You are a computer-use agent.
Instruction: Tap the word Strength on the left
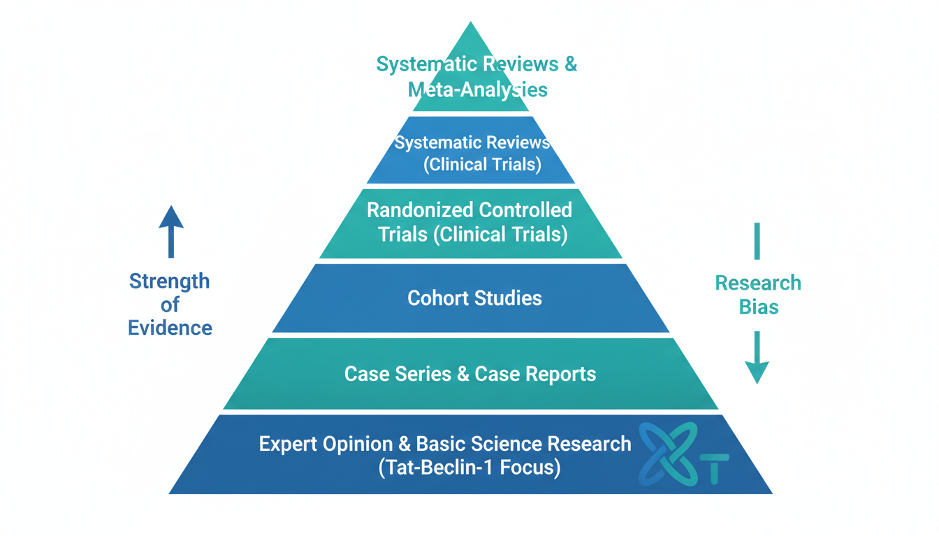pyautogui.click(x=169, y=281)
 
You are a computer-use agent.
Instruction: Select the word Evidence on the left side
pyautogui.click(x=170, y=327)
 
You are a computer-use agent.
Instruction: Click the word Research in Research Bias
pyautogui.click(x=758, y=283)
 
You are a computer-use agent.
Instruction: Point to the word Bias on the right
pyautogui.click(x=758, y=306)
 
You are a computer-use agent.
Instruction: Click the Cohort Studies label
pyautogui.click(x=474, y=298)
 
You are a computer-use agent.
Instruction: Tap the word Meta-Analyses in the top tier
pyautogui.click(x=477, y=89)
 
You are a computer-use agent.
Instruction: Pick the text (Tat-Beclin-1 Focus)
pyautogui.click(x=469, y=468)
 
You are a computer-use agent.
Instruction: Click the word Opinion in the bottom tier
pyautogui.click(x=364, y=444)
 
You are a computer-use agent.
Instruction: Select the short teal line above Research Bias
pyautogui.click(x=757, y=241)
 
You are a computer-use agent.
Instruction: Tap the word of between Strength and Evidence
pyautogui.click(x=170, y=304)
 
